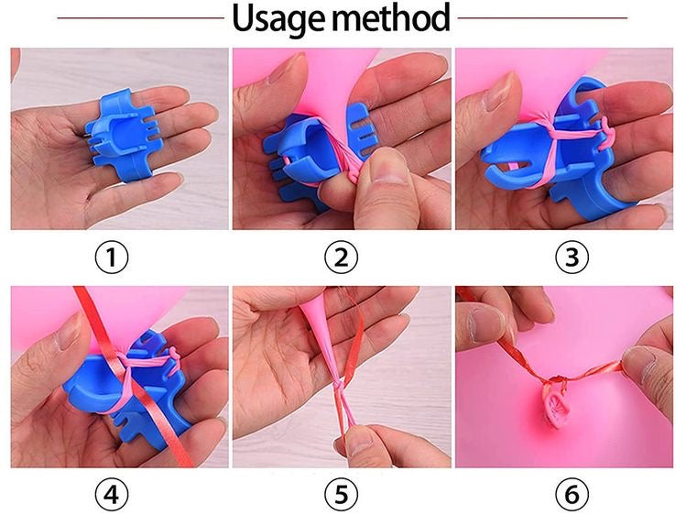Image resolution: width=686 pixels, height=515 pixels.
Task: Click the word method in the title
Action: tap(396, 18)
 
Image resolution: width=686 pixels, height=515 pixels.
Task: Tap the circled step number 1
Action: tap(113, 258)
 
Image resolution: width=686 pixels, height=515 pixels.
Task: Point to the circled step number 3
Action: tap(571, 258)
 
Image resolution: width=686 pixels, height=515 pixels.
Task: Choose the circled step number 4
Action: tap(113, 495)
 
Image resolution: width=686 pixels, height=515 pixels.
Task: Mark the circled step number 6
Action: tap(571, 495)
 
